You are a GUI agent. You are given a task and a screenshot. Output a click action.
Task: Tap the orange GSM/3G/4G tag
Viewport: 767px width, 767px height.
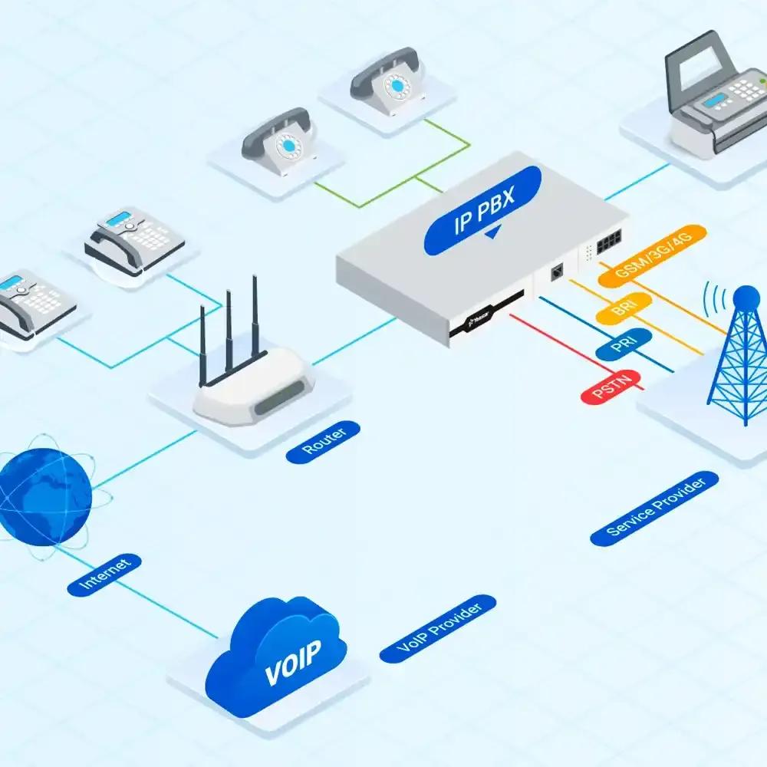pos(653,257)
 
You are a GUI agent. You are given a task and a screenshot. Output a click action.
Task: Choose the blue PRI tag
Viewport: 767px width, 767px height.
pos(624,344)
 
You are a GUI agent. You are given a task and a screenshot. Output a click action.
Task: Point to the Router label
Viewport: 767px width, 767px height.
pos(323,442)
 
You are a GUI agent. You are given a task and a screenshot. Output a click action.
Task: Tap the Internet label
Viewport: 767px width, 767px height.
pos(105,573)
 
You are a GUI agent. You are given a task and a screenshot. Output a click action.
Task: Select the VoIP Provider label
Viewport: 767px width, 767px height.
pos(438,629)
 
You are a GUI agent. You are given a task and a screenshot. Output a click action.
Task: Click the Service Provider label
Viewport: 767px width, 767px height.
pos(655,508)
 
